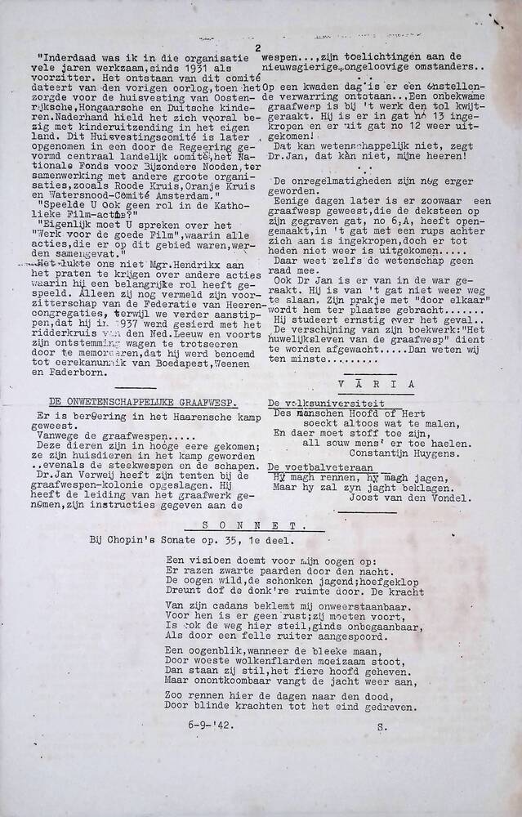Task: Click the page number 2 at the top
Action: pos(259,48)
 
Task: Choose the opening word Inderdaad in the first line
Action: pos(78,57)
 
